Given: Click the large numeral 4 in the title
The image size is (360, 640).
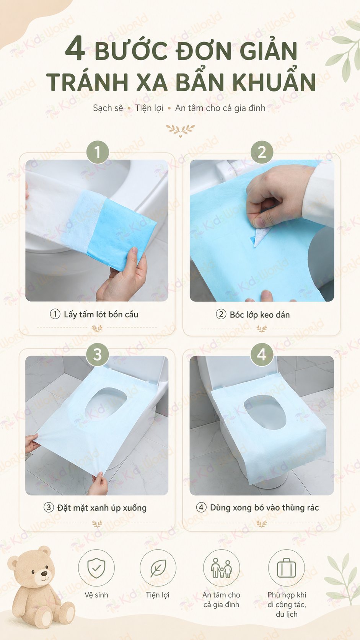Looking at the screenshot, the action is coord(75,49).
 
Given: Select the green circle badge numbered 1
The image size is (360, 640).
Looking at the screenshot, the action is coord(98,152).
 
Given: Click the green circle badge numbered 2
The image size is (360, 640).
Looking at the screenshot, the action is coord(262,152).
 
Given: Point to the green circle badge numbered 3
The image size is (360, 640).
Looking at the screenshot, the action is coord(98,354).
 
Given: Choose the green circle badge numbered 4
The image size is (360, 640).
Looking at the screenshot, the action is coord(262,354).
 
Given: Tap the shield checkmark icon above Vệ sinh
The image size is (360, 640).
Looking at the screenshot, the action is coord(96,568).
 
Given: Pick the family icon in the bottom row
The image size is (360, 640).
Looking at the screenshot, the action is coord(222,568).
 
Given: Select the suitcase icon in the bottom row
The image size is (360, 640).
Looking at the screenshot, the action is coord(287,568).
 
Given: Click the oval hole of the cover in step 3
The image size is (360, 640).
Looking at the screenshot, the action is coord(106,404).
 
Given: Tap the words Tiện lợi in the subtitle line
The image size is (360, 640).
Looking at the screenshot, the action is coord(149,108).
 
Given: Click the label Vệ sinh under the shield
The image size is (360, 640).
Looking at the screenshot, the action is coord(96,595).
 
